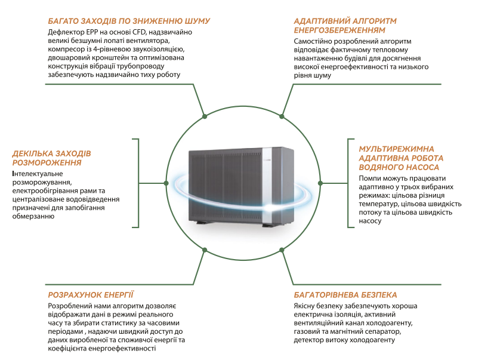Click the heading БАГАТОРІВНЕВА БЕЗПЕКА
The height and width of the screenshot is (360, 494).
pyautogui.click(x=345, y=295)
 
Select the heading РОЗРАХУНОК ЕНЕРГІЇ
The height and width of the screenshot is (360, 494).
pyautogui.click(x=90, y=295)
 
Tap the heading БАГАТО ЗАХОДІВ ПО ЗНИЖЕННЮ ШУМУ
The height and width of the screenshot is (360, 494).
pyautogui.click(x=128, y=21)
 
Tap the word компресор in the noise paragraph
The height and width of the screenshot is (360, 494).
pyautogui.click(x=67, y=50)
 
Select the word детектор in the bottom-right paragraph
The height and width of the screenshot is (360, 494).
pyautogui.click(x=308, y=340)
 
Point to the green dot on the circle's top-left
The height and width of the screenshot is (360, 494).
pyautogui.click(x=205, y=116)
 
